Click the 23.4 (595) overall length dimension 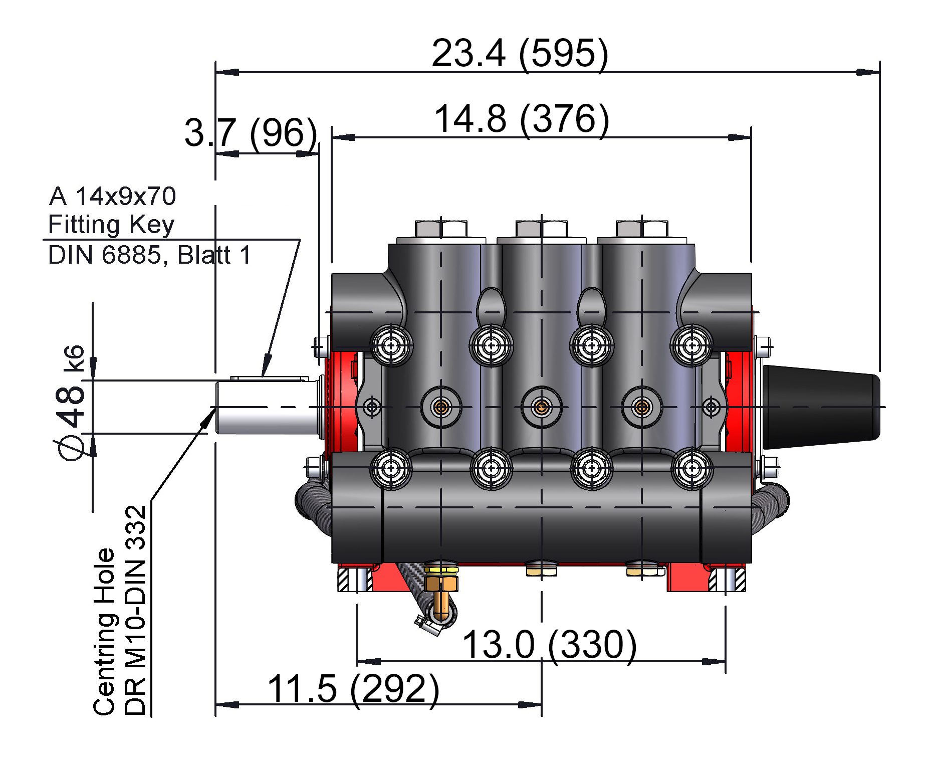520,53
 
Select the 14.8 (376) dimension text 522,119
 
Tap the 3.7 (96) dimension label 251,133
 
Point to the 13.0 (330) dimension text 549,645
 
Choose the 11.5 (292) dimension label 353,689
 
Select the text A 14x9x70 113,197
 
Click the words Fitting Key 111,225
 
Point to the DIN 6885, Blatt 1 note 149,255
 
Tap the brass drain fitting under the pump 440,592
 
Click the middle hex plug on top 542,229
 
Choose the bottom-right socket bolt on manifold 692,468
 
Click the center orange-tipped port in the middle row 542,407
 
